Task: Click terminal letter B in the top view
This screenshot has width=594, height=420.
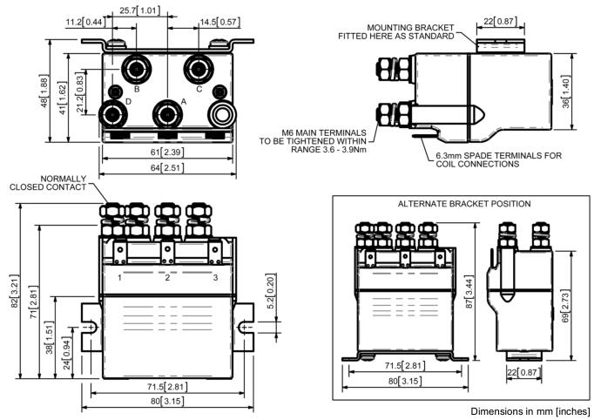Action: (137, 89)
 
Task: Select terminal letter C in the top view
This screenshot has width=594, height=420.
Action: (199, 89)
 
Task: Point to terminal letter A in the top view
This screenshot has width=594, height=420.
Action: (182, 102)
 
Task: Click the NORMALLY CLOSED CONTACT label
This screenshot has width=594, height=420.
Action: (49, 183)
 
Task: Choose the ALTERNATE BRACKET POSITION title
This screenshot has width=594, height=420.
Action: (463, 203)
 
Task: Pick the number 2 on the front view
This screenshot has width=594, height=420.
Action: (167, 278)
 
